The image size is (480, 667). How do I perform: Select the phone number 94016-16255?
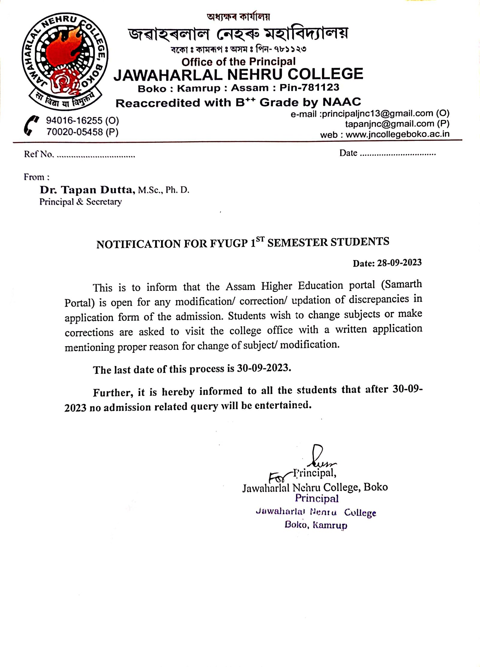(x=74, y=121)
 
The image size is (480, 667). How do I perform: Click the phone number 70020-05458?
(x=74, y=132)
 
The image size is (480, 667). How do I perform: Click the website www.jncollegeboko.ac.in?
(x=397, y=134)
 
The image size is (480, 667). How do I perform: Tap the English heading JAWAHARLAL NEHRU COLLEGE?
(x=238, y=74)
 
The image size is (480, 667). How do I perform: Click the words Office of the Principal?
(x=238, y=62)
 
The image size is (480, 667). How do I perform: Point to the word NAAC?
(x=341, y=102)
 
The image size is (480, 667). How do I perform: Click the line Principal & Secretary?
(x=80, y=202)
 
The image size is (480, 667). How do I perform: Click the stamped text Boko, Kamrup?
(x=316, y=525)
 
